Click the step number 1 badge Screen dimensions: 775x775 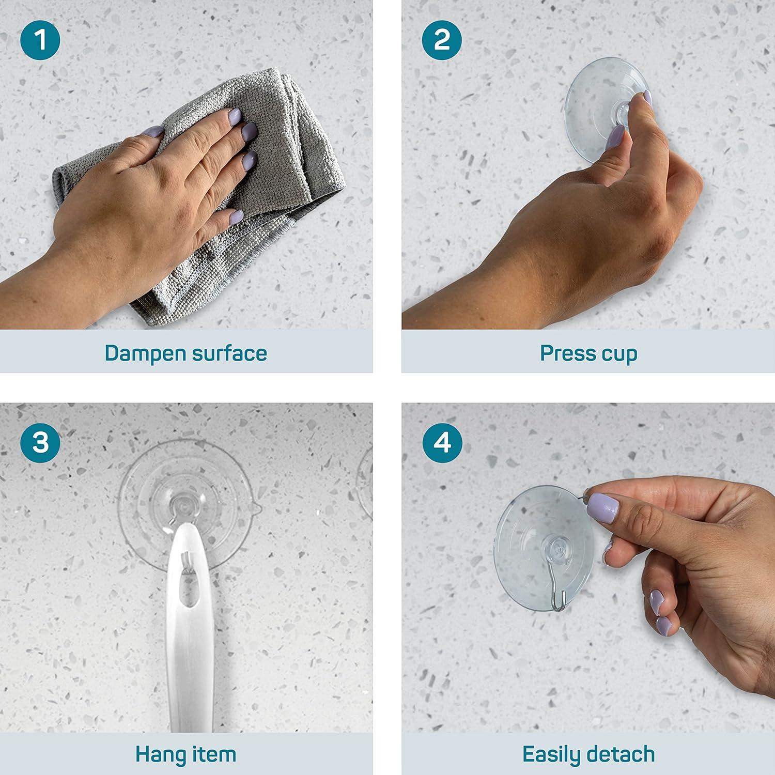tap(40, 40)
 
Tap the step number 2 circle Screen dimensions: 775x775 tap(442, 40)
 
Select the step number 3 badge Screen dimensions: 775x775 tap(40, 442)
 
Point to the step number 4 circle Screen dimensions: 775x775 tap(442, 442)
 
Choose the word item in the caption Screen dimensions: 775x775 tap(213, 755)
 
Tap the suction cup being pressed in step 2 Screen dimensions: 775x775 tap(594, 103)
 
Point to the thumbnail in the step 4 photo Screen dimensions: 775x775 tap(602, 507)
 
